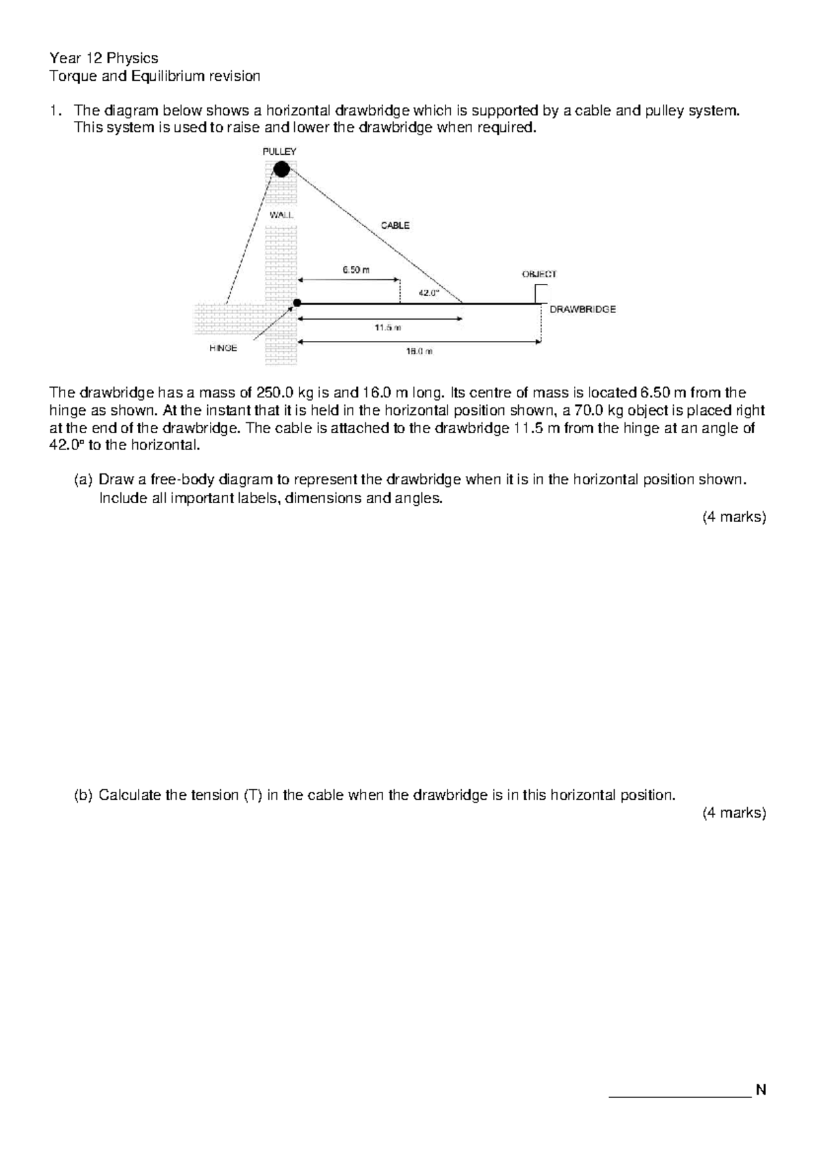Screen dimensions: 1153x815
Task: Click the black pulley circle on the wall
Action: [x=281, y=168]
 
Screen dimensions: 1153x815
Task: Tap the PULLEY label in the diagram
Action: [x=279, y=151]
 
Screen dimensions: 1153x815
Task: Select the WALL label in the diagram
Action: [x=281, y=215]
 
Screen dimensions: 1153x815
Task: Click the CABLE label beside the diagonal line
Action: [x=395, y=225]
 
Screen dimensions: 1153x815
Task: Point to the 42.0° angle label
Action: [x=429, y=293]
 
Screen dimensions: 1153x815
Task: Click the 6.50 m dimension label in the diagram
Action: [x=356, y=270]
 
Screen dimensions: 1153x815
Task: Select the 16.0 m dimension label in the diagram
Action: [x=419, y=352]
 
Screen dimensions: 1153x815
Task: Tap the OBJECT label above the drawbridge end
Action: [x=539, y=274]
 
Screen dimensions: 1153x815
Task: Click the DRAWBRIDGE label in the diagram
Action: [x=583, y=310]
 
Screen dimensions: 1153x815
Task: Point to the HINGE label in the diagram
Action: [x=223, y=348]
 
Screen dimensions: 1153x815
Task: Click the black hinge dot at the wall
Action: [x=297, y=303]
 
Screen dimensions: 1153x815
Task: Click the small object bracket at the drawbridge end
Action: [x=539, y=293]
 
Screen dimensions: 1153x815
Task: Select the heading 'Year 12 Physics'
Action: [x=104, y=58]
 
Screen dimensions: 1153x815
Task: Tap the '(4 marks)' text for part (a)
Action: [x=733, y=517]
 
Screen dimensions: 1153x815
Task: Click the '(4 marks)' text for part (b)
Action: [x=733, y=813]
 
